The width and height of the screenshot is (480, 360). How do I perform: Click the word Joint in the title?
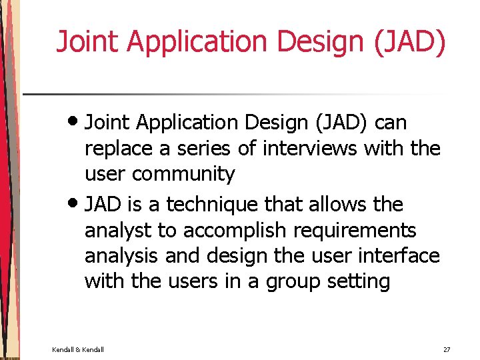tap(87, 41)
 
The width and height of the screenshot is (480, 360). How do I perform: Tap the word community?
tap(183, 174)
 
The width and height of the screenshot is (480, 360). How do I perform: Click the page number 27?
tap(447, 349)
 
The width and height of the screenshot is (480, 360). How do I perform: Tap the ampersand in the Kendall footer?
tap(77, 349)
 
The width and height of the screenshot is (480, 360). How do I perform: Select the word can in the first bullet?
tap(391, 123)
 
